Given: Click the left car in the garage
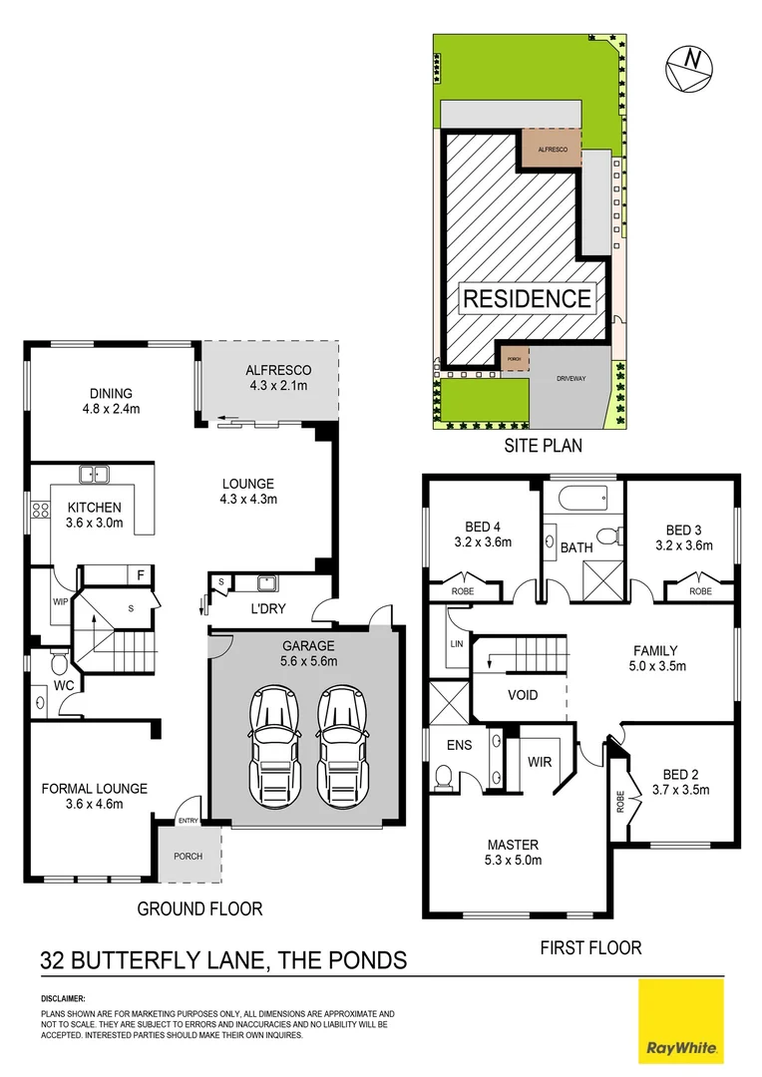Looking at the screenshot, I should coord(270,739).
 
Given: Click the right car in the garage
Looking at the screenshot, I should coord(339,739).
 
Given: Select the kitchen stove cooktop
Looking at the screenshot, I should coord(41,511).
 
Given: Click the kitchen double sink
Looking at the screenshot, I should coord(94,476).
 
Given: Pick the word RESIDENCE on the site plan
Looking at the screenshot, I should coord(526,297).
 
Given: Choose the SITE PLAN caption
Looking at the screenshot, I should coord(542,446).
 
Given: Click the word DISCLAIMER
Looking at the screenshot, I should coord(63,997).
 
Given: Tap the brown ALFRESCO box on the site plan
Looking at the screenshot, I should coord(552,149).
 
